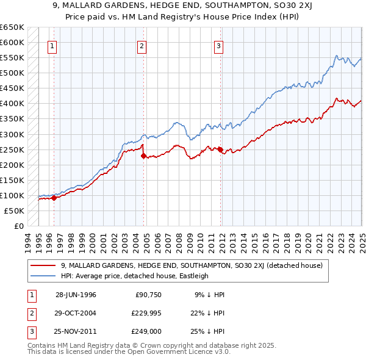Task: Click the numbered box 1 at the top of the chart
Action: click(x=52, y=46)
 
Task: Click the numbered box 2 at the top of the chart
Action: click(x=142, y=46)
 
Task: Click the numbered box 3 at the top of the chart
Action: click(x=218, y=46)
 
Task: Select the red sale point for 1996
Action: click(x=54, y=198)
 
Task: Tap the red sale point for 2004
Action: click(x=144, y=156)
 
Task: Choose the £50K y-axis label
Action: click(x=15, y=211)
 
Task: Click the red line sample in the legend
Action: click(x=43, y=265)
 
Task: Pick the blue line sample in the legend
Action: click(x=43, y=276)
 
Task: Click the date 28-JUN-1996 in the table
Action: click(x=76, y=294)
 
